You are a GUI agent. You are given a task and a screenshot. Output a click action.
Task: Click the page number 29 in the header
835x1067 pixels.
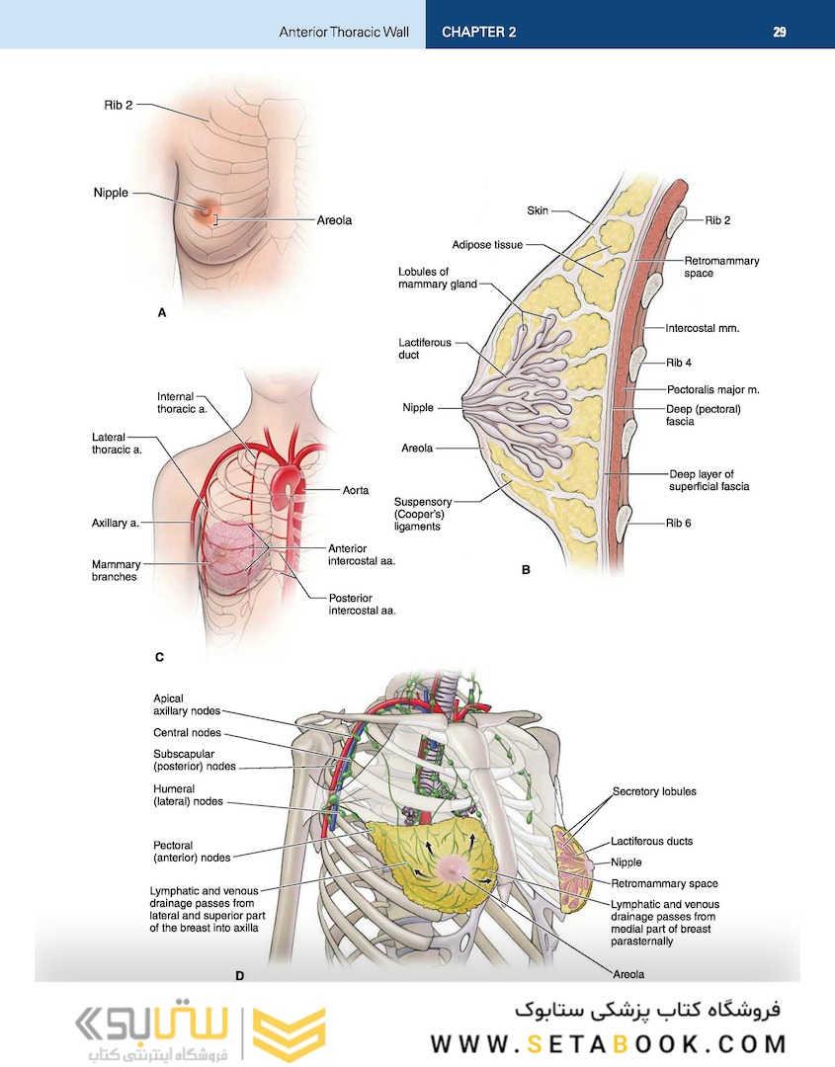pos(780,32)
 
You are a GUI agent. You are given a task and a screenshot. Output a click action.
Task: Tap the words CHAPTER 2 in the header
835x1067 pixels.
pos(478,32)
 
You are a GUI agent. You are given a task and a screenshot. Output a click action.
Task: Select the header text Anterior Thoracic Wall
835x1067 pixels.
pos(343,32)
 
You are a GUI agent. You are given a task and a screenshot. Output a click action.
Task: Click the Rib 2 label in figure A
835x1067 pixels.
pos(118,104)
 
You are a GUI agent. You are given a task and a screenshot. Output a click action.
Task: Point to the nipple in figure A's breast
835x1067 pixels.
pos(208,209)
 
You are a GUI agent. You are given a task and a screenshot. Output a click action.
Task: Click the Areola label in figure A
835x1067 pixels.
pos(334,220)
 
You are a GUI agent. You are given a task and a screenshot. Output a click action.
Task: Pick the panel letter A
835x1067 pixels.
pos(162,312)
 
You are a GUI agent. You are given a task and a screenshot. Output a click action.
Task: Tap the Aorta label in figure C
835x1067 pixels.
pos(356,489)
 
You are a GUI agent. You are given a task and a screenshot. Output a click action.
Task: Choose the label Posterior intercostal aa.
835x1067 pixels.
pos(362,604)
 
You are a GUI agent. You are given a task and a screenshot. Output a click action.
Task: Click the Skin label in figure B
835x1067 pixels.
pos(538,210)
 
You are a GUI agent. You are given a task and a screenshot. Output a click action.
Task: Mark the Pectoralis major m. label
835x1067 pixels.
pos(712,390)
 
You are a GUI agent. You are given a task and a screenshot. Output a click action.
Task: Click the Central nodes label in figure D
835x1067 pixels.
pos(187,733)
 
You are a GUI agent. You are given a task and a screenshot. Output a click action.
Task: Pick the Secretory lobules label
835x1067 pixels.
pos(654,791)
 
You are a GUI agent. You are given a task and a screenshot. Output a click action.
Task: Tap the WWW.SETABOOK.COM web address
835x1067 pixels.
pos(608,1043)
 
